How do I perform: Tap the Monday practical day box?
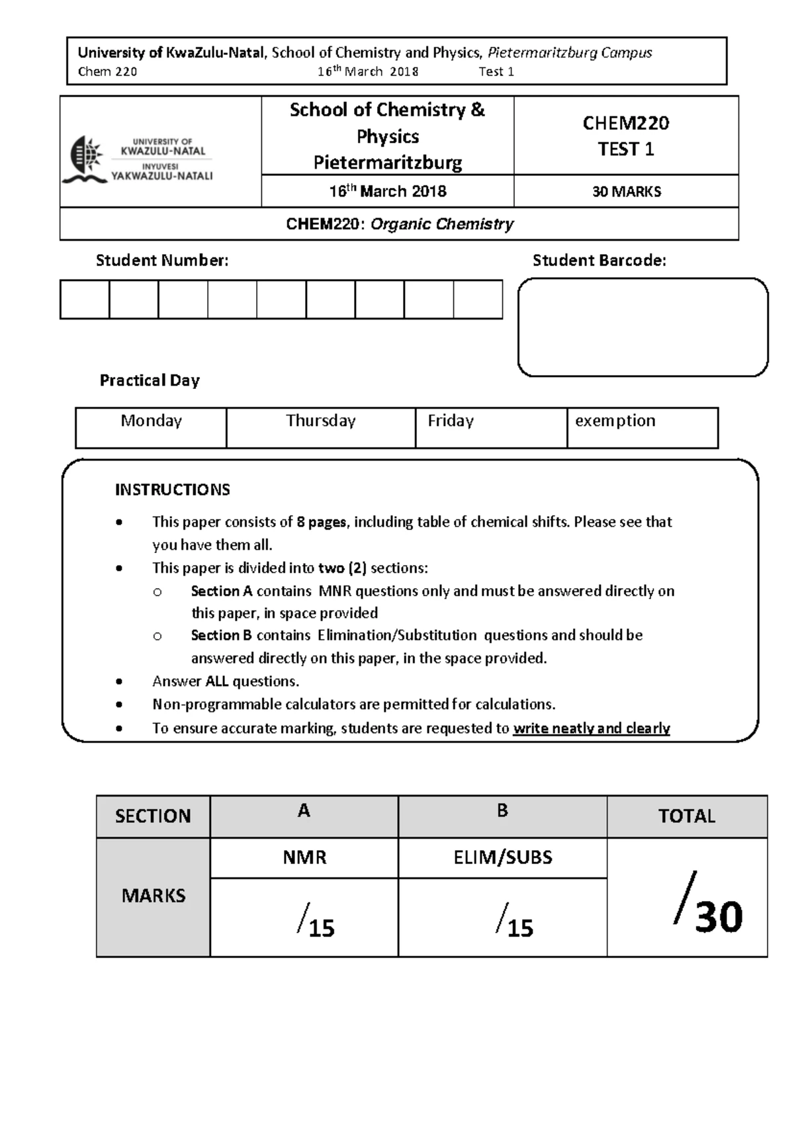pyautogui.click(x=151, y=427)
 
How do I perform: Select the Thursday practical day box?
pyautogui.click(x=321, y=427)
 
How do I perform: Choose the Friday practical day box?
pyautogui.click(x=491, y=427)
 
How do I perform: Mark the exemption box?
pyautogui.click(x=642, y=427)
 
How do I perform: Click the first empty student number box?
pyautogui.click(x=85, y=300)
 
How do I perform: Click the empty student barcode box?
pyautogui.click(x=642, y=327)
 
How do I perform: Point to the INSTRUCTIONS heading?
pyautogui.click(x=172, y=490)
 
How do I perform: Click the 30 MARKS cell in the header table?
pyautogui.click(x=626, y=192)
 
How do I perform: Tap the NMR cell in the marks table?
pyautogui.click(x=304, y=857)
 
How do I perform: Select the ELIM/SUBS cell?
pyautogui.click(x=502, y=857)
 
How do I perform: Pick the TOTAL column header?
pyautogui.click(x=686, y=816)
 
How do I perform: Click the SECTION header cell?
pyautogui.click(x=153, y=816)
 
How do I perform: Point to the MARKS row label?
pyautogui.click(x=153, y=896)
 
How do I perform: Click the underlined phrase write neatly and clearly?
pyautogui.click(x=591, y=728)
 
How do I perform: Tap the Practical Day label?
pyautogui.click(x=150, y=380)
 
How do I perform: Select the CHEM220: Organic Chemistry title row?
pyautogui.click(x=399, y=224)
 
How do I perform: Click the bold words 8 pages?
pyautogui.click(x=321, y=522)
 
